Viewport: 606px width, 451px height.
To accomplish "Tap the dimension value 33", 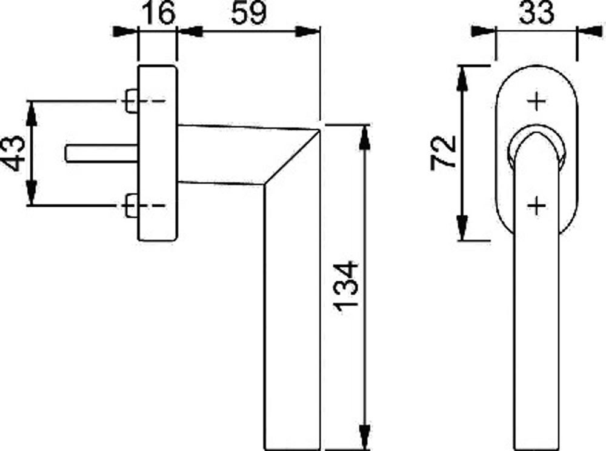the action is coord(537,13).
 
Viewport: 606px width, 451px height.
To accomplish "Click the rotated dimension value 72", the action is coord(444,152).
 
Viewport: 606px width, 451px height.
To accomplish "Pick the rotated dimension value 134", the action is coord(346,286).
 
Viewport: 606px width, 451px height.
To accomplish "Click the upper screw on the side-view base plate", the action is coord(132,101).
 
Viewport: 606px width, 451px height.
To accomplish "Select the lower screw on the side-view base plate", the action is coord(132,205).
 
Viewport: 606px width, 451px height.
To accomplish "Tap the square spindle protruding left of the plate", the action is coord(102,153).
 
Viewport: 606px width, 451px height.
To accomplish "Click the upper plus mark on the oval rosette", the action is coord(537,101).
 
